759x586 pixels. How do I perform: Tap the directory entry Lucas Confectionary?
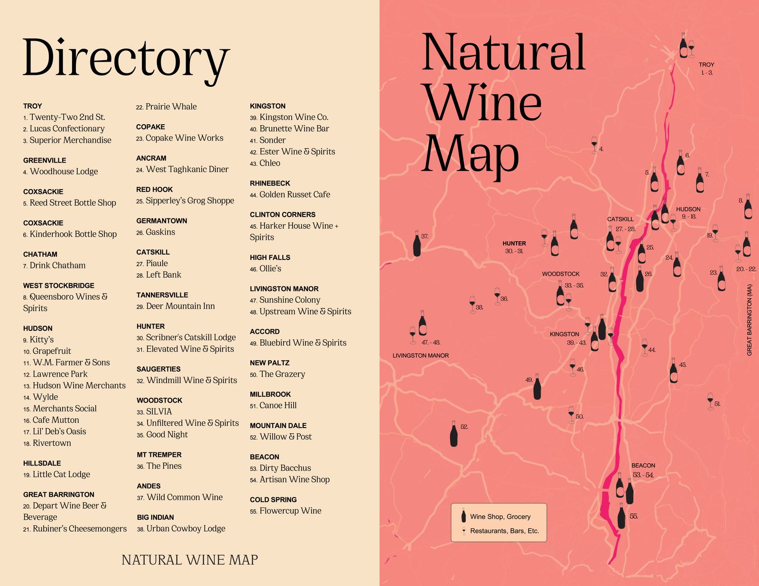(66, 128)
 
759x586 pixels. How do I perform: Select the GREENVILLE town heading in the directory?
(45, 160)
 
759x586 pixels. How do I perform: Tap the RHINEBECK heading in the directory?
(270, 183)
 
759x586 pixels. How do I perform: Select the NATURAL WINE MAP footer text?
(190, 560)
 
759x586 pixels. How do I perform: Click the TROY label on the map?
(706, 64)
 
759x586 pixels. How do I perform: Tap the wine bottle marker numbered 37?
(417, 244)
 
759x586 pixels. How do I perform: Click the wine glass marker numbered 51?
(710, 401)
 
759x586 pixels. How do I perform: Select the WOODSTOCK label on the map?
(561, 274)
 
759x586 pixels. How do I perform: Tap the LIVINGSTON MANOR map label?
(420, 356)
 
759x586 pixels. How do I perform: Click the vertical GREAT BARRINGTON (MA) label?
(750, 320)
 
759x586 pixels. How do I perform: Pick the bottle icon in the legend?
(463, 516)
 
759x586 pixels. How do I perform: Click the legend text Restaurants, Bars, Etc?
(504, 531)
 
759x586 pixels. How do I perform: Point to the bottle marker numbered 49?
(537, 387)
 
